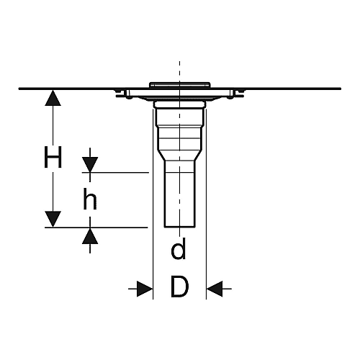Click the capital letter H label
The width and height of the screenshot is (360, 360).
point(53,157)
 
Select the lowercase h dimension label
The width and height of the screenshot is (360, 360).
point(90,199)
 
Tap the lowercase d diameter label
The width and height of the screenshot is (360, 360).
point(179,248)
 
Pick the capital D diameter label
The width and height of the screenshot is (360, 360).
point(180,287)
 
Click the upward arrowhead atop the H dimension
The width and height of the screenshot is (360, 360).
point(53,98)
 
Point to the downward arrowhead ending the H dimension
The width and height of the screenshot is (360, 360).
point(53,219)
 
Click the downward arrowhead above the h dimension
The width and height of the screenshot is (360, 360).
point(90,165)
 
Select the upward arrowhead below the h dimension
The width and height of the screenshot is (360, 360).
point(90,236)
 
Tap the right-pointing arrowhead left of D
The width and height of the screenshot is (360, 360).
point(145,289)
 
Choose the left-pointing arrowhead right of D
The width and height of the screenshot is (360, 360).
point(215,289)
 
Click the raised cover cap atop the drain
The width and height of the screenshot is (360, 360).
point(180,85)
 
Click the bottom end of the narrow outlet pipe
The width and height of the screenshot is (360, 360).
point(180,227)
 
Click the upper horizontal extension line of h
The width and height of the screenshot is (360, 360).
point(115,172)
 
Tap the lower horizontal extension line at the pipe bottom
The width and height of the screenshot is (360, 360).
point(96,227)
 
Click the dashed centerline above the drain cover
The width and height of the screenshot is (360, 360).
point(179,71)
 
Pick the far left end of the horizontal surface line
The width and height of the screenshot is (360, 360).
point(19,89)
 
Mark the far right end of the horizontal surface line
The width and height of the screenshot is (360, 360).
point(341,89)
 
